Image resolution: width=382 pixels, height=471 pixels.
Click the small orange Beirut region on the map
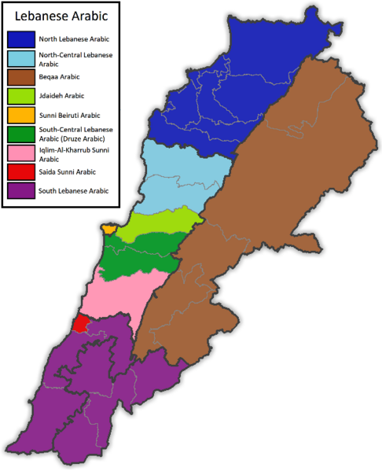point(108,229)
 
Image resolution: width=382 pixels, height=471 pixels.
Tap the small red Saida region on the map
point(80,323)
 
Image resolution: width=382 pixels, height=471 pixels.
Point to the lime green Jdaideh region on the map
point(161,224)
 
